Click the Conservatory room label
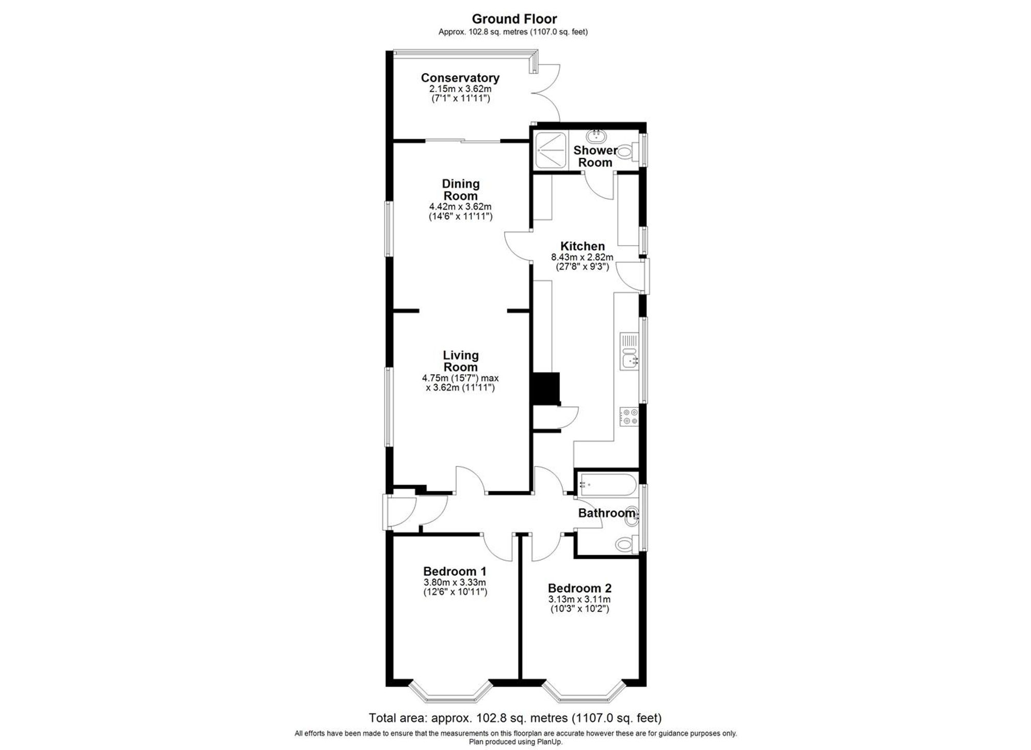coord(460,78)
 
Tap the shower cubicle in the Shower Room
coord(551,150)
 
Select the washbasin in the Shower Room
coord(596,137)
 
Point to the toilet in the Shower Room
coord(624,152)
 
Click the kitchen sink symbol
coord(630,359)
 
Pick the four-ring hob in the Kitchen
coord(629,416)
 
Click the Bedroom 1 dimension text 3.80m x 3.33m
coord(455,582)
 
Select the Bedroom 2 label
coord(579,588)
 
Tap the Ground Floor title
coord(514,19)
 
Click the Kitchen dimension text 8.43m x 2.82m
coord(582,257)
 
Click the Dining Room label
coord(460,190)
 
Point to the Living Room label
coord(460,361)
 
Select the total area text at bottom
coord(514,718)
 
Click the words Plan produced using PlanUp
coord(515,742)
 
